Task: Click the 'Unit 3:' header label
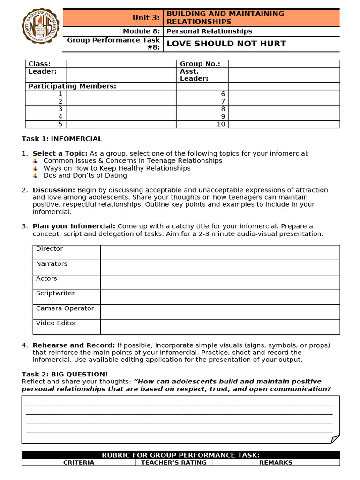point(146,18)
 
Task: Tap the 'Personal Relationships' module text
point(209,31)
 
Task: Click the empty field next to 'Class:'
point(121,64)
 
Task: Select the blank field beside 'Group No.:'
point(284,64)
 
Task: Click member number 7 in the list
point(223,102)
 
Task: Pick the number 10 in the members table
point(221,124)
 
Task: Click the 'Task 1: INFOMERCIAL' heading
point(62,139)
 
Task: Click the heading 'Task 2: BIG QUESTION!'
point(65,374)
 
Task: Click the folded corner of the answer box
point(335,439)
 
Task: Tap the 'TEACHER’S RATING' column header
point(174,463)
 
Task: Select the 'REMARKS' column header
point(276,463)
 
